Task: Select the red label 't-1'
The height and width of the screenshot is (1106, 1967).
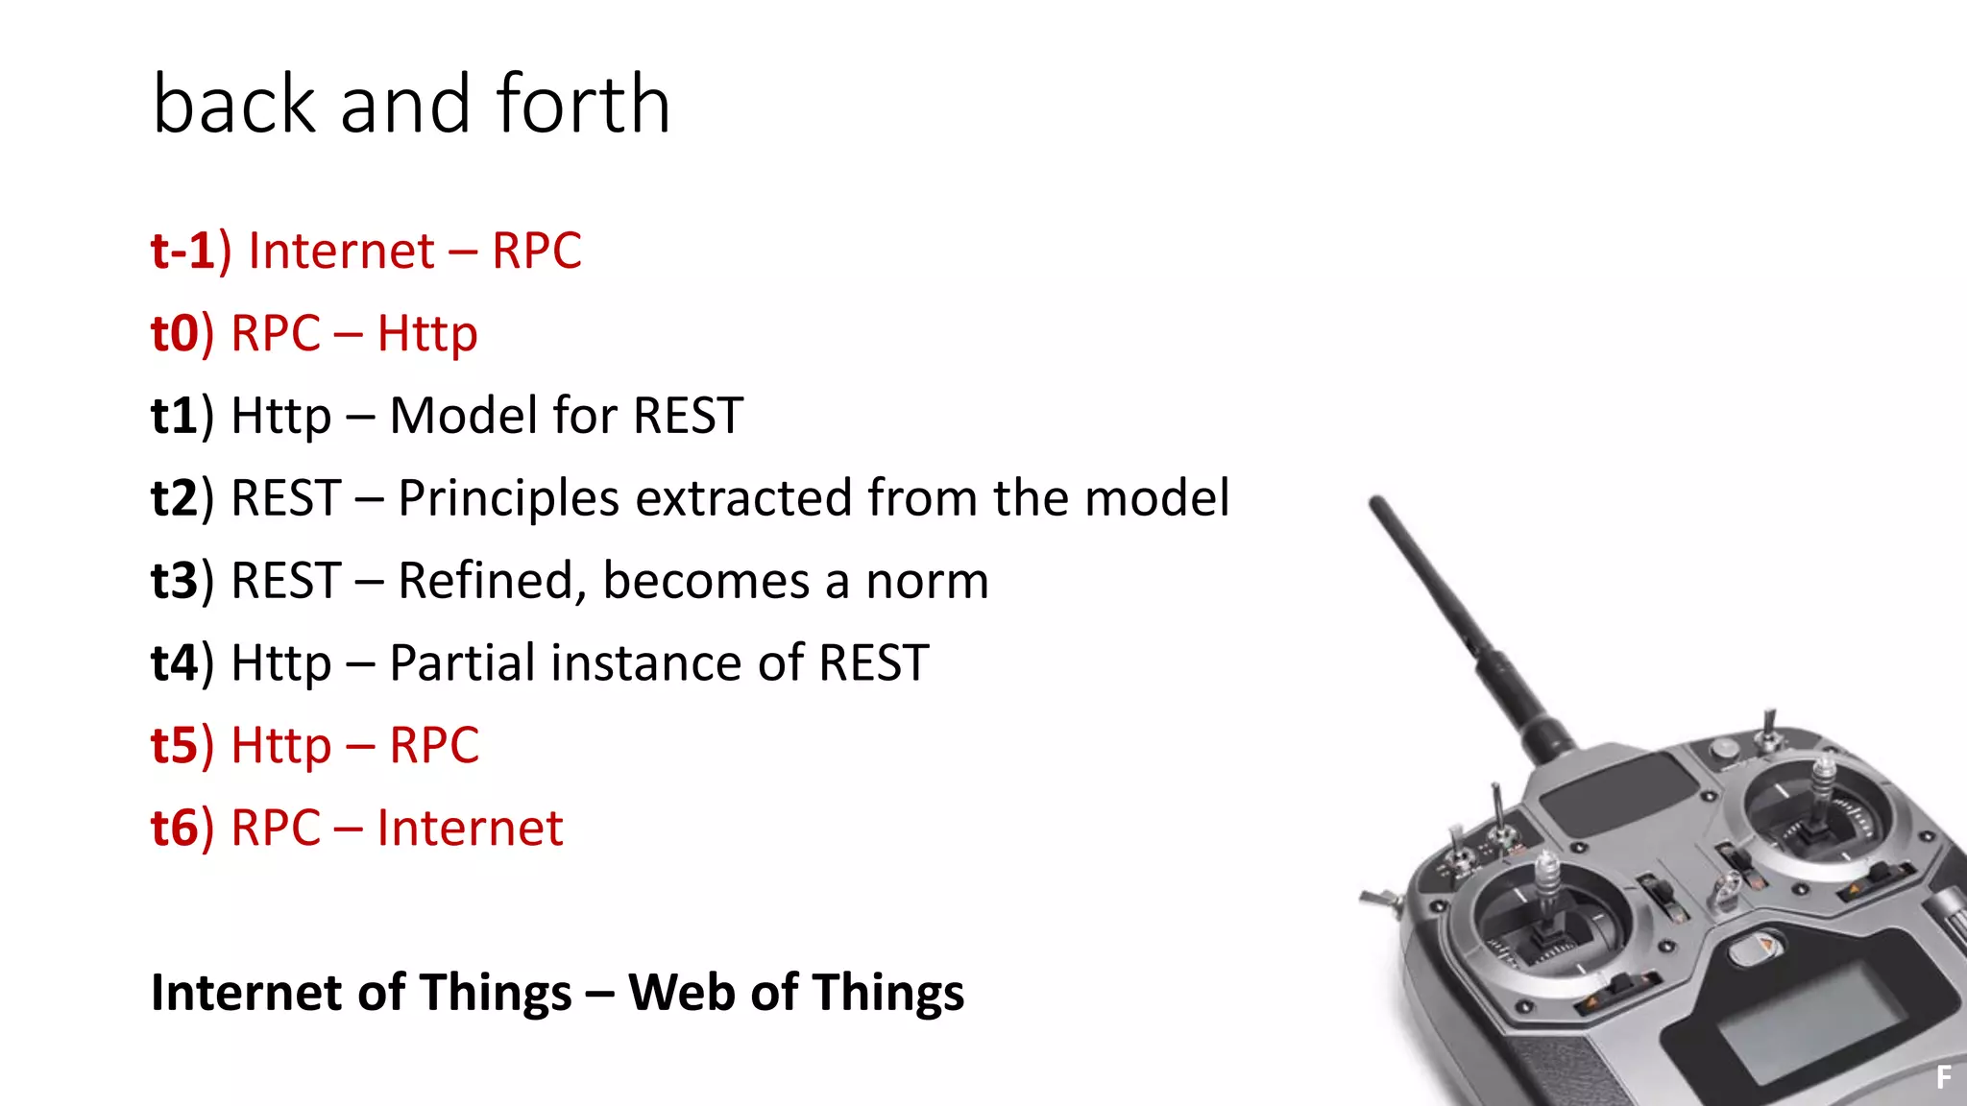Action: pos(182,252)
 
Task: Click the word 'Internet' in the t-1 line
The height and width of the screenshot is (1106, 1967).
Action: pos(341,252)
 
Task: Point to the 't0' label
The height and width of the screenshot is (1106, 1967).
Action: pos(175,334)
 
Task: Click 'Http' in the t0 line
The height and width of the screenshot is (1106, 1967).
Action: pos(426,334)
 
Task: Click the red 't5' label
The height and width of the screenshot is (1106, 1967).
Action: pos(175,747)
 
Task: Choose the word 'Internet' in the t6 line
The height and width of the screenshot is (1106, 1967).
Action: pos(470,829)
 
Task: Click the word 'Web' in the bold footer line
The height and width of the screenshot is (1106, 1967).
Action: pos(681,993)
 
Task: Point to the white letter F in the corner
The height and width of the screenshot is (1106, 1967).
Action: pos(1944,1077)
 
